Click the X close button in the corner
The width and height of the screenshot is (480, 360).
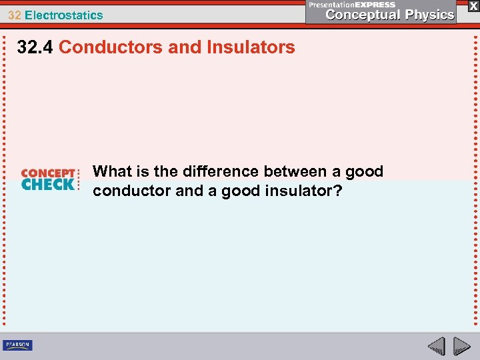[x=473, y=6]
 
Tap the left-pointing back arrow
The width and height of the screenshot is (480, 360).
[x=437, y=346]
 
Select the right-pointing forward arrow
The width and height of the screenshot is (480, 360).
[x=461, y=346]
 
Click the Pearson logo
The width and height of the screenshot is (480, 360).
[x=17, y=345]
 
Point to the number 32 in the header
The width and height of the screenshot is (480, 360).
[x=14, y=15]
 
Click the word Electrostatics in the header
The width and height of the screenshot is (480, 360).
[x=64, y=15]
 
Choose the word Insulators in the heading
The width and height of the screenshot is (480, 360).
[x=254, y=47]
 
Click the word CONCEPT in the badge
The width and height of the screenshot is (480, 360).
[x=48, y=173]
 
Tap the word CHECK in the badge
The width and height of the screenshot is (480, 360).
[x=48, y=185]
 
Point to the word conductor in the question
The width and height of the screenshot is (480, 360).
[x=132, y=191]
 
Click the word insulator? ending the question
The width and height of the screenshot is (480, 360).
[x=306, y=191]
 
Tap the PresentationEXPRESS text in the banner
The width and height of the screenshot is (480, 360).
[x=352, y=5]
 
